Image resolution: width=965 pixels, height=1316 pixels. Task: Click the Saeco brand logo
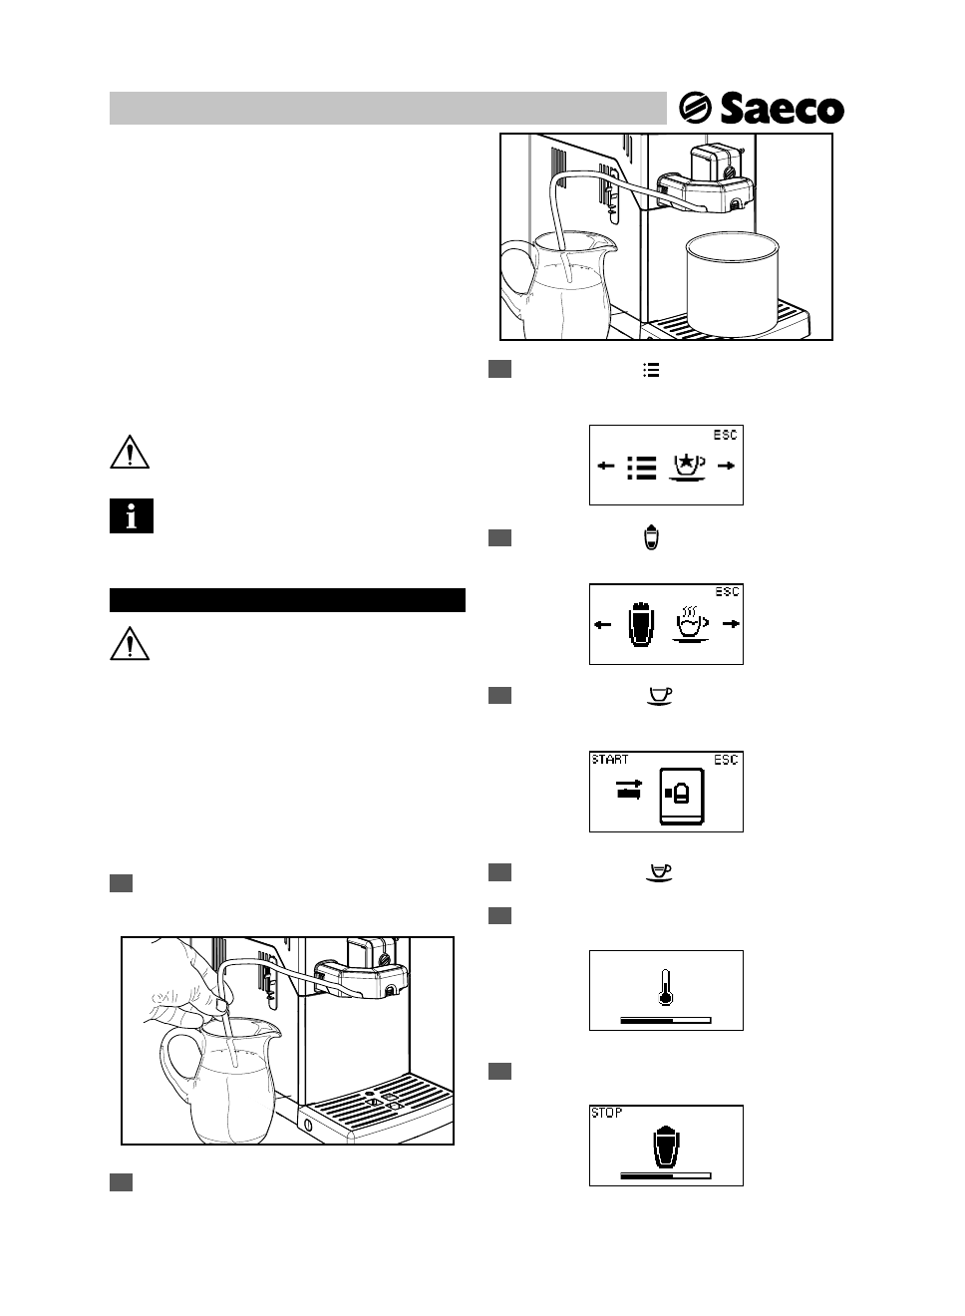point(762,109)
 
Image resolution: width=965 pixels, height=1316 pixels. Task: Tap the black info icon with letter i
point(131,515)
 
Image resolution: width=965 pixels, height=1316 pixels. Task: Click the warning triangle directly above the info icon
point(130,453)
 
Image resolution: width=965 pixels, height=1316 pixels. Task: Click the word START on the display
point(610,760)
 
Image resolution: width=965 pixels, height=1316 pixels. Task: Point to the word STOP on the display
point(606,1113)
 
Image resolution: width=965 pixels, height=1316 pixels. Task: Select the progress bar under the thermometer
point(665,1021)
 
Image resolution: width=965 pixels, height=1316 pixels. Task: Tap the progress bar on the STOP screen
point(665,1176)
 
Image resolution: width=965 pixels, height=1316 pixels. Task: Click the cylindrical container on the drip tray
point(731,286)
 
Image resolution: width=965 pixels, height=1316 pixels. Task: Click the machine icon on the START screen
point(681,796)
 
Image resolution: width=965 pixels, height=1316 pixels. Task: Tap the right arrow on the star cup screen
point(730,466)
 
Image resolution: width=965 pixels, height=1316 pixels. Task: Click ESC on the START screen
point(726,760)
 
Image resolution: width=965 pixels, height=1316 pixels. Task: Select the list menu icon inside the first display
point(642,467)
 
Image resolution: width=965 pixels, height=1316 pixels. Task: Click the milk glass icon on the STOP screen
point(665,1146)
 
